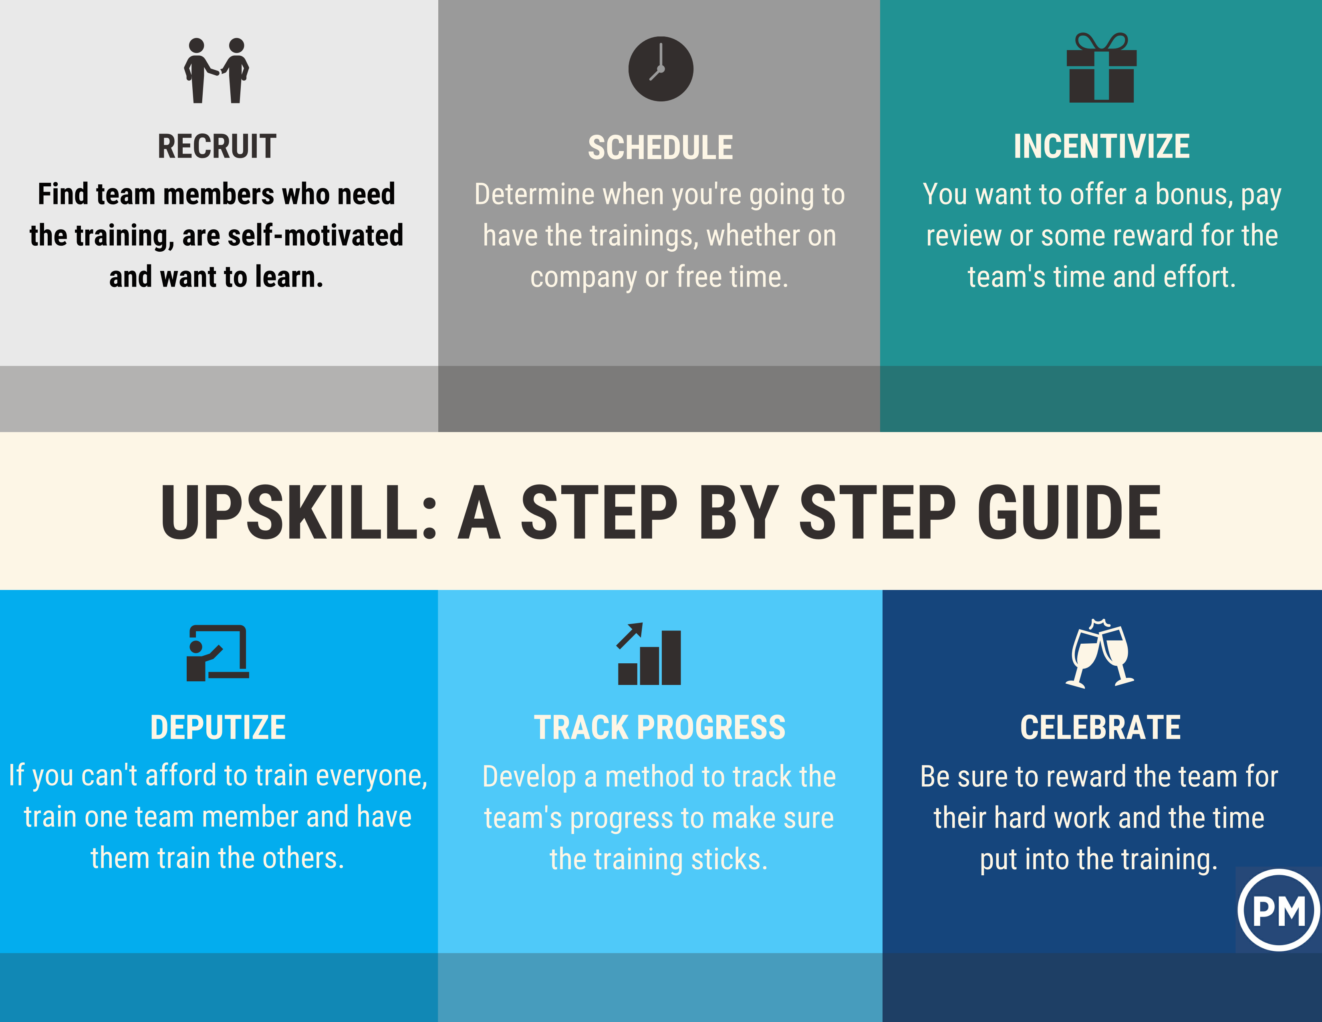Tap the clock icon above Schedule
660,69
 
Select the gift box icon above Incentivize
1101,67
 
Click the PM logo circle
1278,910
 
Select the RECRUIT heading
217,147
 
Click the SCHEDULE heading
660,148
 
